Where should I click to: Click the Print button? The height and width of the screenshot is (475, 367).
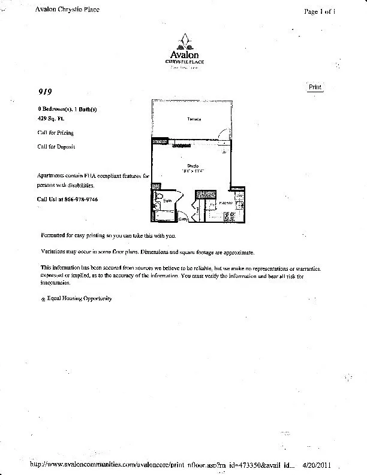[315, 87]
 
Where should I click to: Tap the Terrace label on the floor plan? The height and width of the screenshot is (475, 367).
[194, 120]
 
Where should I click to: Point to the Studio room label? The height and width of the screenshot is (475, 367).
[193, 165]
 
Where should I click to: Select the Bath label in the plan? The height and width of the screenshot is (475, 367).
[167, 200]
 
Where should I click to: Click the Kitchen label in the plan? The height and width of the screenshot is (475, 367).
[225, 204]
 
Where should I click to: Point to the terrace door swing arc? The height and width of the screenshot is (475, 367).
[224, 134]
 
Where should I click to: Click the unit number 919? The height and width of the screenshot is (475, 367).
[45, 92]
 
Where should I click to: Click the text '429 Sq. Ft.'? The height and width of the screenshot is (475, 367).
[50, 119]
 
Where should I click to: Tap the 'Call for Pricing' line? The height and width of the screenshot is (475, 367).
[56, 133]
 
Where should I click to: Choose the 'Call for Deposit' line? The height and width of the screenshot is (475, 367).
[56, 146]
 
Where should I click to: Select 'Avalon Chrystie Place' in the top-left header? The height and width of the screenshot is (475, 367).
[67, 9]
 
